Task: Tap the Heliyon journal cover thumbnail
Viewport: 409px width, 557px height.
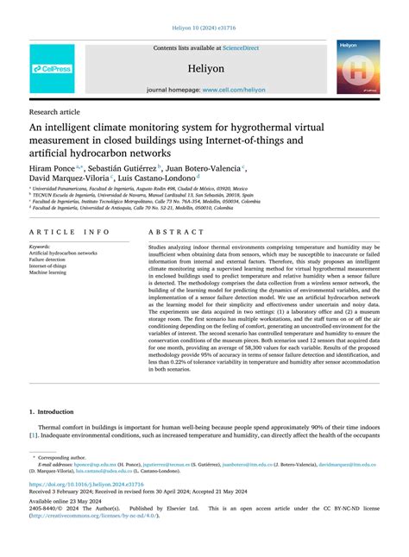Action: (358, 66)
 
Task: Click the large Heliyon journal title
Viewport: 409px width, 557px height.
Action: (205, 66)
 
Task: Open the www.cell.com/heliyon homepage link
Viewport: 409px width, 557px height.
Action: (233, 89)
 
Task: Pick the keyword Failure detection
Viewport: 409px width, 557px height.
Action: (47, 260)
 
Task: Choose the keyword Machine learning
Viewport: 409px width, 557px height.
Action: (47, 273)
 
